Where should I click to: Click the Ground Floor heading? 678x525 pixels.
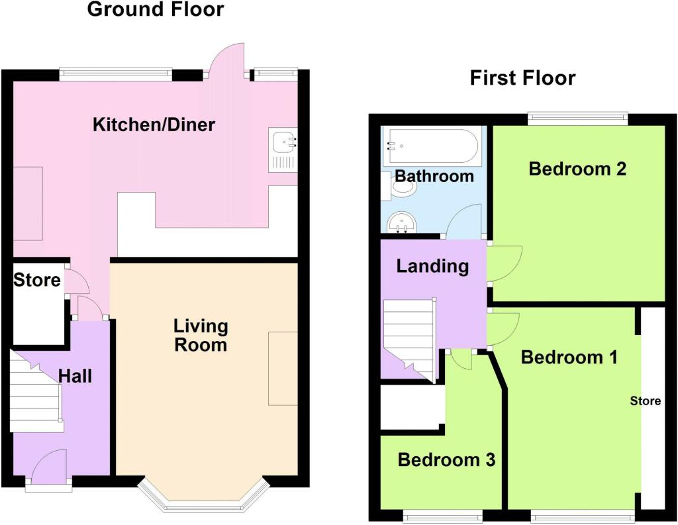coord(155,9)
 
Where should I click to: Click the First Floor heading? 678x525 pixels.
coord(523,78)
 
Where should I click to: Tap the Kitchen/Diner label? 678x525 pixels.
coord(154,124)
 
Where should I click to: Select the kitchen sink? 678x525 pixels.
coord(283,150)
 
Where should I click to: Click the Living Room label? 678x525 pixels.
coord(201,336)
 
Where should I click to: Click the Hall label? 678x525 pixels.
coord(75,376)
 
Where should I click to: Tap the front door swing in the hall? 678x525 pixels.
coord(49,465)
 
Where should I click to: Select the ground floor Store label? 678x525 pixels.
coord(37,280)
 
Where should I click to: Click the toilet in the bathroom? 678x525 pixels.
coord(400,186)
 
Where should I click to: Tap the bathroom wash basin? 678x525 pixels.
coord(402,222)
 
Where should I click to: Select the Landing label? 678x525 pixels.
coord(432,266)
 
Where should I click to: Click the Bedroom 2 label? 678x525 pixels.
coord(577,168)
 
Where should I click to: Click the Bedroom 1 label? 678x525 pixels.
coord(569,358)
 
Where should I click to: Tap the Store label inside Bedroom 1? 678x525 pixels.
coord(645,401)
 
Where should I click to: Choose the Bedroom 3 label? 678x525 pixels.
coord(446,459)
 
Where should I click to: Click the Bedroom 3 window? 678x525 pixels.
coord(443,515)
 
